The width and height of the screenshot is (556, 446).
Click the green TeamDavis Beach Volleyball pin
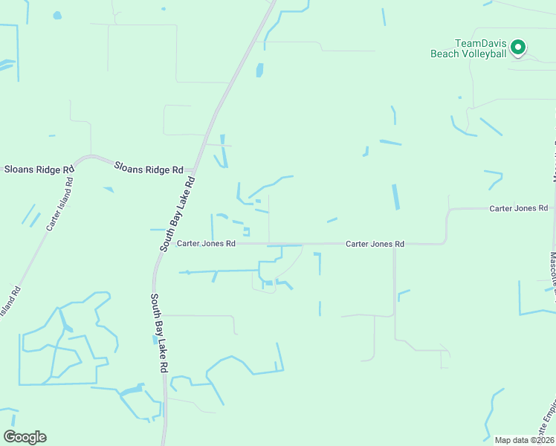tap(519, 48)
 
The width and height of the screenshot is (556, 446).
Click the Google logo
tap(25, 436)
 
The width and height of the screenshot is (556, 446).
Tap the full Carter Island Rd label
tap(59, 203)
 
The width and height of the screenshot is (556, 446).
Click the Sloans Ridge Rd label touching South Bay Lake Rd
tap(149, 169)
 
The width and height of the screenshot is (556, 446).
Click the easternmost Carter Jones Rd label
tap(518, 209)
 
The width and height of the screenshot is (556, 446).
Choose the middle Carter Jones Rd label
tap(375, 244)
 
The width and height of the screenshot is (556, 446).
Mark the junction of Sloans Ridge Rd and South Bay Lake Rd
tap(194, 169)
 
